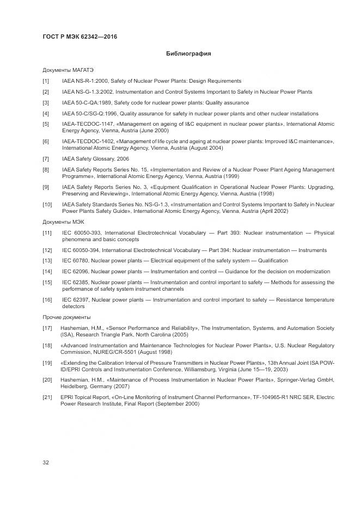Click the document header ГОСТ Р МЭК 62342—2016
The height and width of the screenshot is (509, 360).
point(80,36)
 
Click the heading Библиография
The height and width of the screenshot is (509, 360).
point(188,54)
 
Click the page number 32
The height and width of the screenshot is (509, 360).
point(46,463)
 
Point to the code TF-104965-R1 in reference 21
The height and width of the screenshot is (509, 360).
point(271,398)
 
